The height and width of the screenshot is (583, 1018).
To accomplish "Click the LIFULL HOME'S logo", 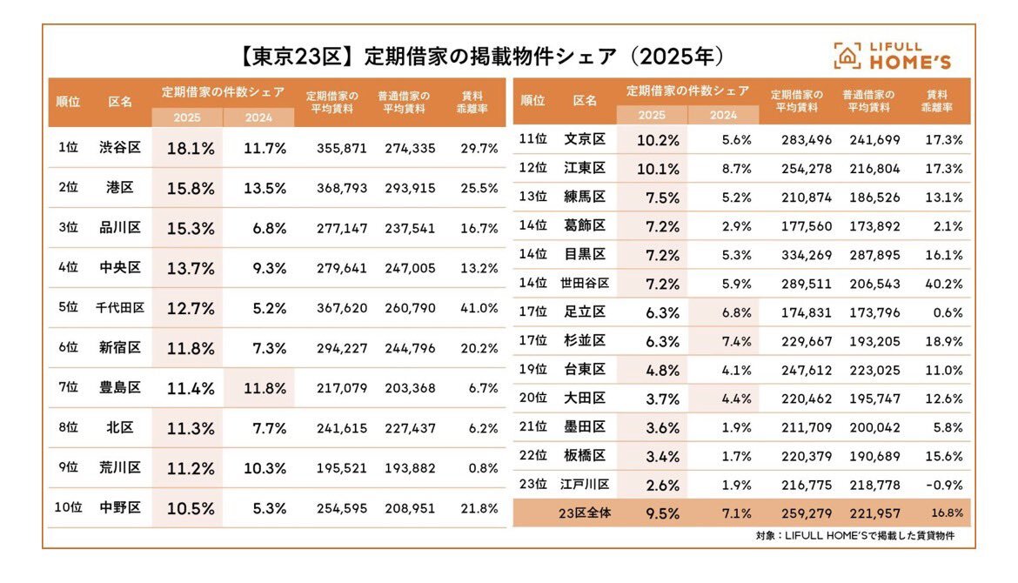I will click(892, 55).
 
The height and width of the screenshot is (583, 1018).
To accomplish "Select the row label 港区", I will click(120, 188).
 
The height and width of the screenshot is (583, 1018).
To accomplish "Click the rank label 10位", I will click(68, 508).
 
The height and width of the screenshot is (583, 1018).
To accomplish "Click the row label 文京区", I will click(585, 139).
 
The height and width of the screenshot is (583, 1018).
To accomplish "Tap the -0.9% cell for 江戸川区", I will click(945, 485).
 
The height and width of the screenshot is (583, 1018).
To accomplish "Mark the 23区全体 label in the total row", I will click(585, 513).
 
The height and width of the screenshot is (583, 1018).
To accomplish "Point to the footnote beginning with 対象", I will click(854, 536).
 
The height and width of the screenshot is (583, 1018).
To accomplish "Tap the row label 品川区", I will click(120, 228).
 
